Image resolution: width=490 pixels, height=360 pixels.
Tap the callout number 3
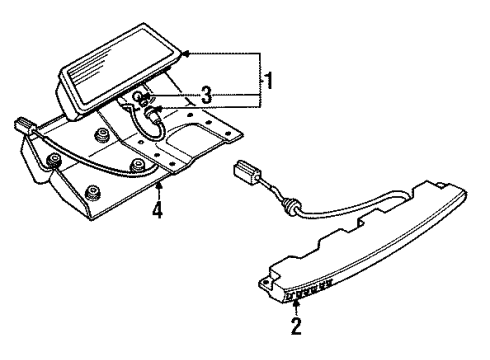[206, 95]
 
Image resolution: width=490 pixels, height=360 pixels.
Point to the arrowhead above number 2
[295, 304]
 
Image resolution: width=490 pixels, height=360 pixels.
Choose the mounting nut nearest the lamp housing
[102, 133]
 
